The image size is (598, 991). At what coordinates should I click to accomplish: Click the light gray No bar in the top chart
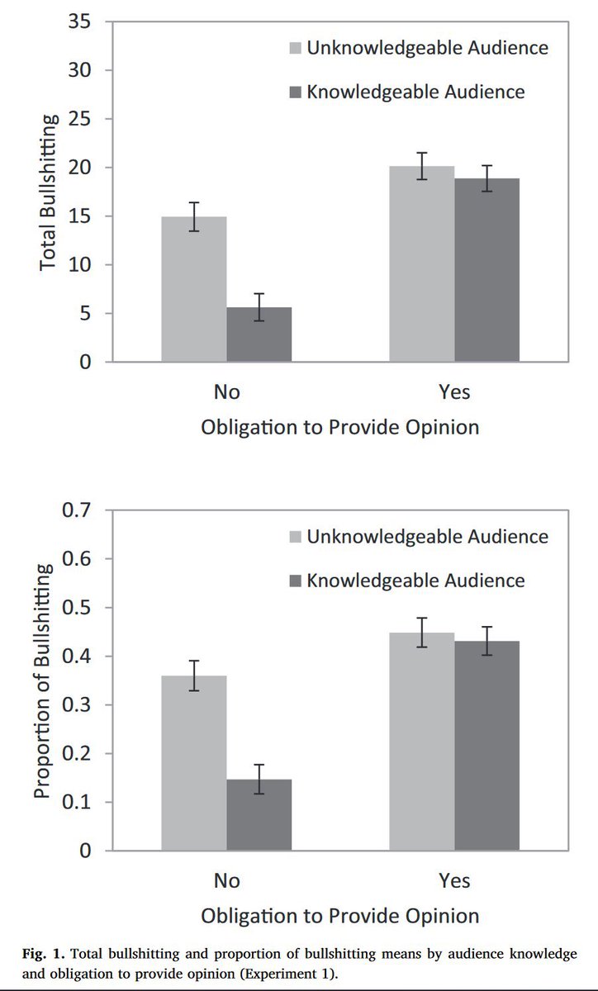(193, 289)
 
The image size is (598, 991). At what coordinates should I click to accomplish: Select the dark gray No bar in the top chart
(259, 334)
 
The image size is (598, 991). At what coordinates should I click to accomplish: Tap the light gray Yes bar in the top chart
(422, 264)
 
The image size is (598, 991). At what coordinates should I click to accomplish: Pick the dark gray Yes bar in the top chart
(486, 270)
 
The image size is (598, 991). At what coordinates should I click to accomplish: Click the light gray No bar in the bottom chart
(193, 763)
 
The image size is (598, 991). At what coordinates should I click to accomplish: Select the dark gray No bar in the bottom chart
(259, 815)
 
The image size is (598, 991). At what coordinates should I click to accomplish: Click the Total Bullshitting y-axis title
(49, 192)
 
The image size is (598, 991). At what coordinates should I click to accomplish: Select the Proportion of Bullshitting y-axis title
(42, 681)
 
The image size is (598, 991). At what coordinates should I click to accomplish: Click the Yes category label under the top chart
(454, 391)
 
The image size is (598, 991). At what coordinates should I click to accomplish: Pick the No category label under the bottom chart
(226, 880)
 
